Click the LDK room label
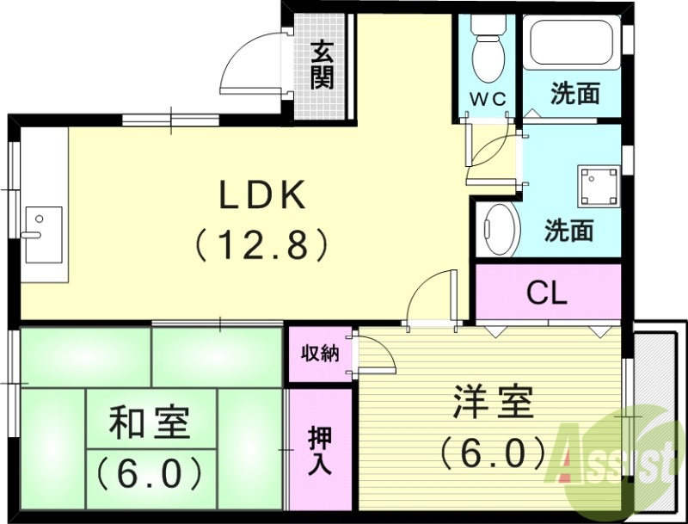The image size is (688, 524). click(262, 197)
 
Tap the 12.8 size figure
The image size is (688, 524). click(262, 246)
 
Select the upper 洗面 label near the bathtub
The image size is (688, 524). click(574, 94)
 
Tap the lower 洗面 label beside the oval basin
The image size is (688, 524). click(569, 231)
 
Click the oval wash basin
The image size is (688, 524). click(499, 229)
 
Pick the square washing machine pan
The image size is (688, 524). click(599, 185)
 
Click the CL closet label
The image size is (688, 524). click(547, 295)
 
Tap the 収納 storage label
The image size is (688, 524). click(319, 354)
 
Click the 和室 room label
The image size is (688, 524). click(150, 425)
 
